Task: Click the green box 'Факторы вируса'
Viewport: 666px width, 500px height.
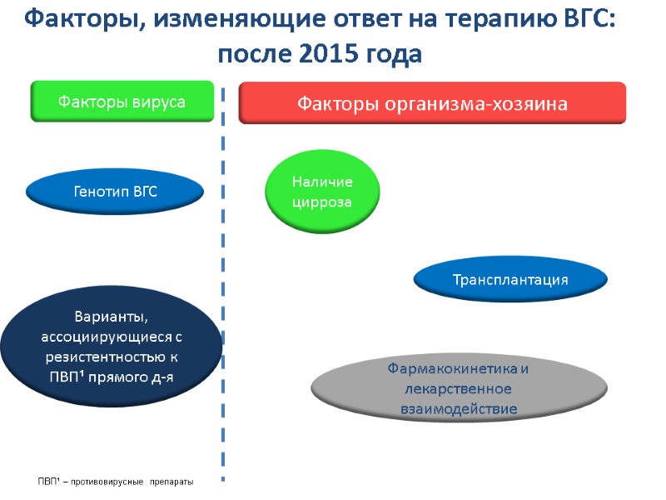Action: click(122, 102)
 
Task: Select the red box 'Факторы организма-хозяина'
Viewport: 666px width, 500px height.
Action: click(432, 103)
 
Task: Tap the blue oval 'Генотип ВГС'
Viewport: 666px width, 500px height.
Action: click(115, 192)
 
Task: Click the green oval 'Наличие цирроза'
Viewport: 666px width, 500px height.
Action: click(322, 192)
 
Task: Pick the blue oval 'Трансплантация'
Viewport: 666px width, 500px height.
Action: click(509, 280)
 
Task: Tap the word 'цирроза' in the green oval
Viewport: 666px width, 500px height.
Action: click(322, 202)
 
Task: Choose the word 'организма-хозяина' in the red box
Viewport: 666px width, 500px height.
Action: click(494, 104)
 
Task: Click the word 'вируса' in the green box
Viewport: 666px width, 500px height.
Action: click(159, 102)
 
